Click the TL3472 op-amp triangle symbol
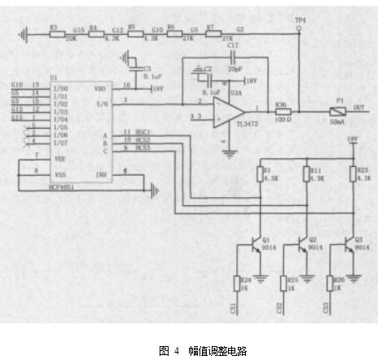click(235, 108)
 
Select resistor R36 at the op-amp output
click(281, 110)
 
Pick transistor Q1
click(260, 246)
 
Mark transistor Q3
click(352, 246)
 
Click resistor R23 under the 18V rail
click(353, 175)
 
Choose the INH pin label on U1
click(101, 173)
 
